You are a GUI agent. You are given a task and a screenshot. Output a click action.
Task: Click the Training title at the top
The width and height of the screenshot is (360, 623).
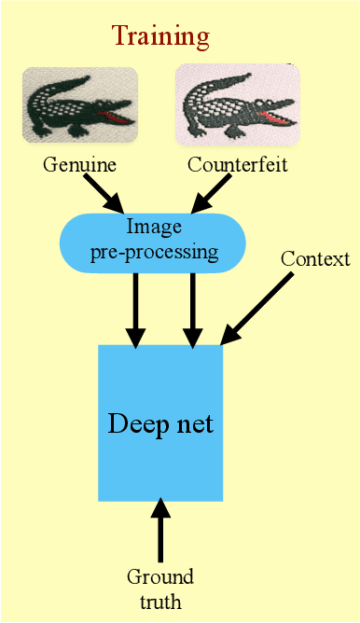pos(160,36)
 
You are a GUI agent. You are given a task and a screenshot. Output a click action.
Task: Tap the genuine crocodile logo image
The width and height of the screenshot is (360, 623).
pos(80,104)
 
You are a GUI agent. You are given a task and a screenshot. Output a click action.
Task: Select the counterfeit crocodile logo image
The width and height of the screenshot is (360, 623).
pos(236,104)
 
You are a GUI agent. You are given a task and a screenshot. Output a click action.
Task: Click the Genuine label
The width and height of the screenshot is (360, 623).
pos(79,166)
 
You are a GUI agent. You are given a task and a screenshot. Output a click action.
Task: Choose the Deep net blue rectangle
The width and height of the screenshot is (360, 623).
pos(160,422)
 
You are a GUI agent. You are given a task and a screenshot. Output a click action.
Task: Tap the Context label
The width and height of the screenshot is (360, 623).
pos(315,259)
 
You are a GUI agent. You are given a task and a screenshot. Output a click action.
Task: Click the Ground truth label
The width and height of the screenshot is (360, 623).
pos(160,590)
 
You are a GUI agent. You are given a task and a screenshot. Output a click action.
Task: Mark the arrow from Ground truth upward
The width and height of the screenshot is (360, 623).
pos(160,532)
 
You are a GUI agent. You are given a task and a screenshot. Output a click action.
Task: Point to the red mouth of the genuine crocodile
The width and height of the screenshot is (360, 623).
pos(118,118)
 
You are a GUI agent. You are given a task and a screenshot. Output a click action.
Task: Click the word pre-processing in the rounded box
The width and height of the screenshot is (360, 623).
pos(154,252)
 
